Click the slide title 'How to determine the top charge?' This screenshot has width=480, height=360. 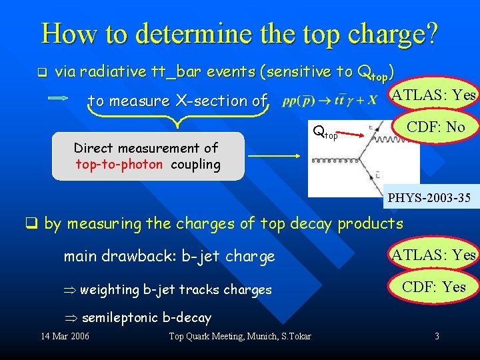point(240,33)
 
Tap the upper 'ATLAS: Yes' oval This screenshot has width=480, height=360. point(433,96)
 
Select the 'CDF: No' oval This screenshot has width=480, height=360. point(437,127)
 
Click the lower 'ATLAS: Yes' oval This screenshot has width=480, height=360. point(433,255)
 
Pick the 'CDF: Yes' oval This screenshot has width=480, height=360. point(435,287)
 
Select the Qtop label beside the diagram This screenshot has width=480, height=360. point(325,131)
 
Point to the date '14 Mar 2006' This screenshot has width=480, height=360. point(65,336)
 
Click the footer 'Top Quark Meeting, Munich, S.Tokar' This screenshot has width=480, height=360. point(240,336)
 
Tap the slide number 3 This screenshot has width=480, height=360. point(437,336)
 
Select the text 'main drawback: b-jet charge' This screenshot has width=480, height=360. point(169,257)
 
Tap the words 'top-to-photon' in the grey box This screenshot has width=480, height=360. point(119,165)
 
